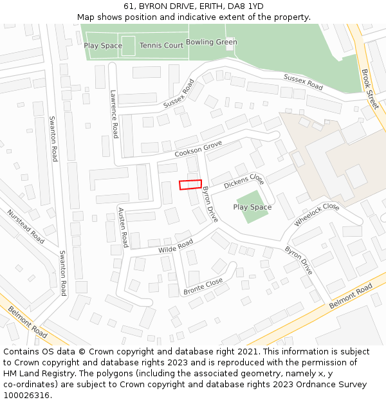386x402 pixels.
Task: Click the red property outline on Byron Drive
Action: [x=190, y=185]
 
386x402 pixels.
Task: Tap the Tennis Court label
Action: [x=161, y=46]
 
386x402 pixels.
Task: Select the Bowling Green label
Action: [x=211, y=42]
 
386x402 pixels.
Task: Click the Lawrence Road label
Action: [x=115, y=114]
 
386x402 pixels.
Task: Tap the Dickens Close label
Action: [x=244, y=181]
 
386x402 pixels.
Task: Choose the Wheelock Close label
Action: [x=317, y=215]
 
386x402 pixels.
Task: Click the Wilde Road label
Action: [x=176, y=246]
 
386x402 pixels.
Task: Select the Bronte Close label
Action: [x=203, y=286]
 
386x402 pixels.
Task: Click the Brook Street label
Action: [x=370, y=89]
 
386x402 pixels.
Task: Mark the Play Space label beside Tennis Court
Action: [x=103, y=46]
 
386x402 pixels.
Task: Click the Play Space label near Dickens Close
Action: [x=252, y=207]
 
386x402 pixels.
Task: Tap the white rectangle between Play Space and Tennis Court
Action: [x=129, y=46]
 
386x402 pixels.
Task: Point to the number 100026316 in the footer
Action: [x=26, y=396]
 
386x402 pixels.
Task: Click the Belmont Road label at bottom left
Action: [x=28, y=322]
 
